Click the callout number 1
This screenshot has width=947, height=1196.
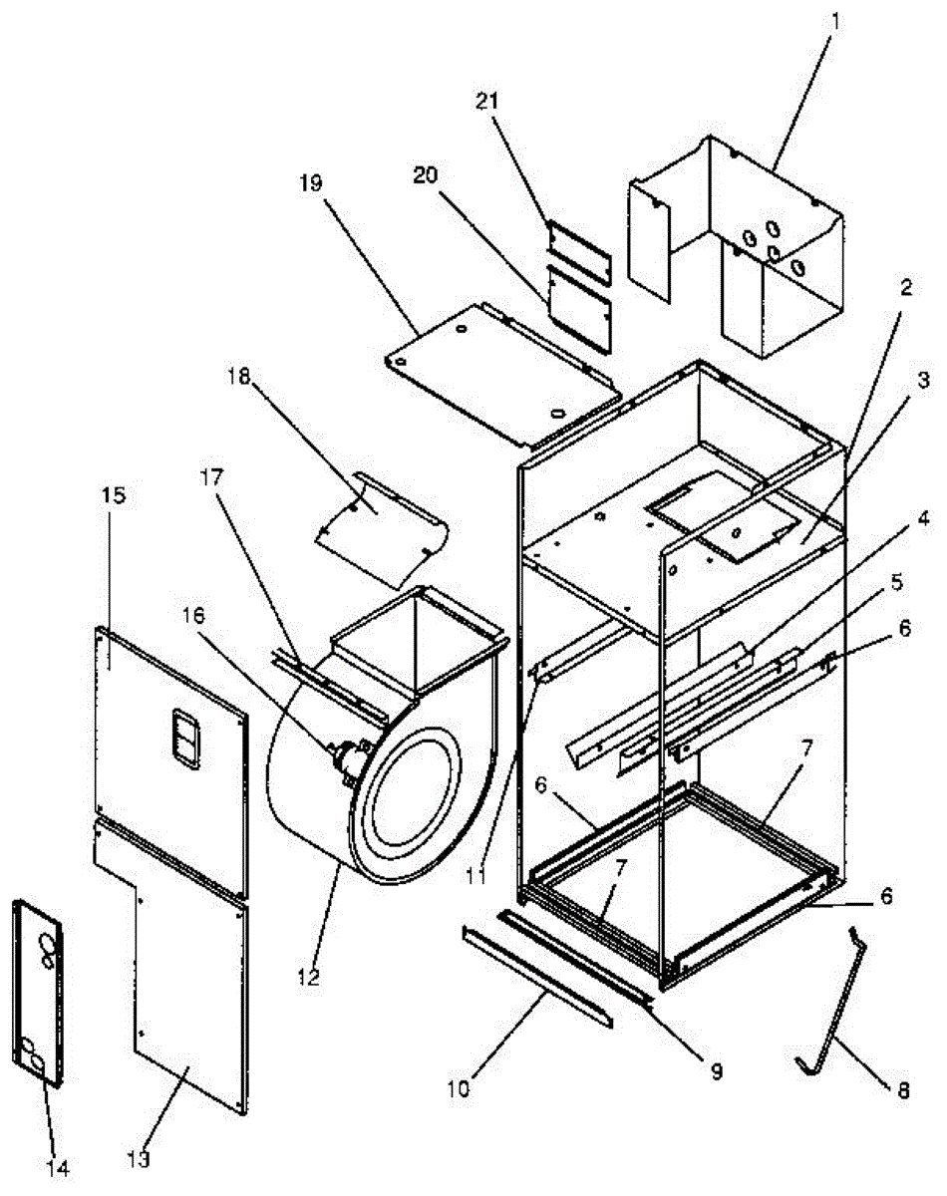(835, 19)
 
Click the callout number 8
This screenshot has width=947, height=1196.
(903, 1091)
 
